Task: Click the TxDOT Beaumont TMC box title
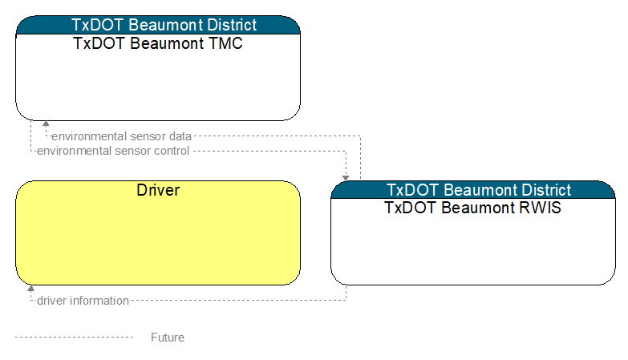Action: (158, 43)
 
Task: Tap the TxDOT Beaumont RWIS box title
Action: (472, 208)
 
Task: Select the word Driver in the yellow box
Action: (158, 190)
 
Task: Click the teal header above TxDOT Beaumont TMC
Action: (158, 25)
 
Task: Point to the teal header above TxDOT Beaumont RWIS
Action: (473, 190)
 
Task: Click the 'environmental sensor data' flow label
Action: (121, 136)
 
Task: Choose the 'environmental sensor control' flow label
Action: (113, 151)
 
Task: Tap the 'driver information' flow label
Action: (83, 301)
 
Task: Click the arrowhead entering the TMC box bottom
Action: (46, 123)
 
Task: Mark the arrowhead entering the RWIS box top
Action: (346, 178)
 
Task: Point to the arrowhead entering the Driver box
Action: (30, 289)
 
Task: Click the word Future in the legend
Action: (168, 338)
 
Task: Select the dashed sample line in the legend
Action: (74, 338)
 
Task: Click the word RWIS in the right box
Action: (541, 208)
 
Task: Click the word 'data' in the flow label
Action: (180, 136)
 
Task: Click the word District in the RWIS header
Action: (546, 190)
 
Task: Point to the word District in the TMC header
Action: (232, 25)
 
